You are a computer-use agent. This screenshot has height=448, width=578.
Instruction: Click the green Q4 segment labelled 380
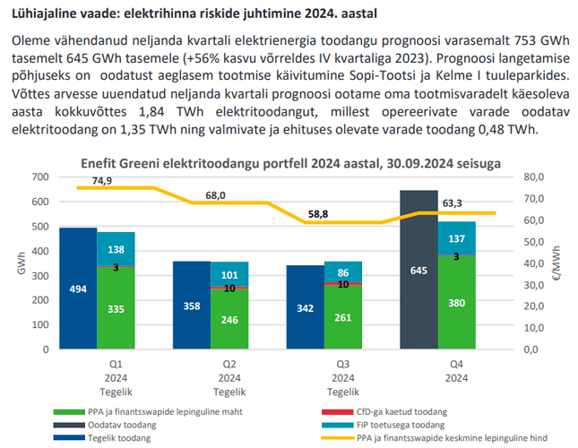click(457, 303)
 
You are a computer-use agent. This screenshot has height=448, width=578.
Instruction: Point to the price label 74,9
click(100, 181)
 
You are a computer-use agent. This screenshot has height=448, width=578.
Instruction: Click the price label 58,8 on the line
click(318, 214)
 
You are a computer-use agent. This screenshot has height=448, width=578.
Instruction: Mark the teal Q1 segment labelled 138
click(116, 249)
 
